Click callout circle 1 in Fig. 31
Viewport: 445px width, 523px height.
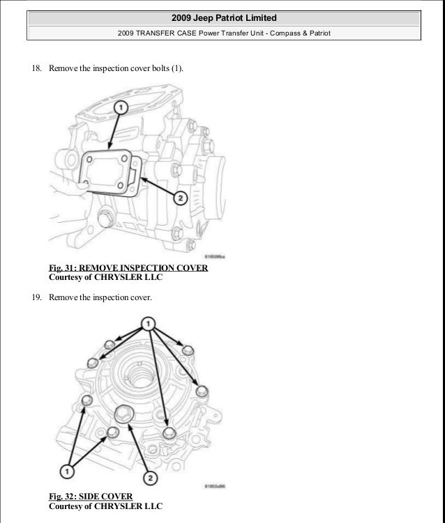pos(120,108)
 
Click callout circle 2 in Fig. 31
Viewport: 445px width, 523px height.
pos(179,199)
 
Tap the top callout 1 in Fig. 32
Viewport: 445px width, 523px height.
pos(148,322)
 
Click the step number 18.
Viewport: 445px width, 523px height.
pos(36,69)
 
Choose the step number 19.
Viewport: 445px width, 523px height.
pos(36,297)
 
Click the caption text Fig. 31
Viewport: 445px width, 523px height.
pos(62,267)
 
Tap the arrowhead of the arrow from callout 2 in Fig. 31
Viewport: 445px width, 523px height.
pos(143,179)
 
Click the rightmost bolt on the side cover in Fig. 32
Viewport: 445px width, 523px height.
pos(201,390)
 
